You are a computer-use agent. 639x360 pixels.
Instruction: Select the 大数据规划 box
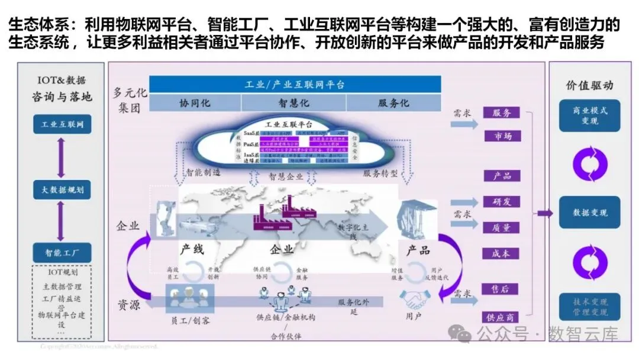[x=62, y=190]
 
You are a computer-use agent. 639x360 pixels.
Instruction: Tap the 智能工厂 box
[x=62, y=253]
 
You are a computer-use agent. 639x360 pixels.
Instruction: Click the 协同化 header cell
[x=195, y=102]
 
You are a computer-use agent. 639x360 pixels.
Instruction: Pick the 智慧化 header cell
[x=294, y=102]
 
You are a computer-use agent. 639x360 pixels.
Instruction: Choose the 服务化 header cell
[x=393, y=102]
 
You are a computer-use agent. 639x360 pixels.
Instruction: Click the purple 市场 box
[x=501, y=136]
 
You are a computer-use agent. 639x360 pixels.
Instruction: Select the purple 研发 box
[x=501, y=202]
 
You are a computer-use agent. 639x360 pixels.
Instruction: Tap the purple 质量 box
[x=501, y=227]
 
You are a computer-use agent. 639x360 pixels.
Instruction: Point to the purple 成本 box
[x=501, y=253]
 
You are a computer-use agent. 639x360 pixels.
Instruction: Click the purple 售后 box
[x=501, y=289]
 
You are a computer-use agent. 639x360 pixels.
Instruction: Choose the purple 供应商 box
[x=501, y=317]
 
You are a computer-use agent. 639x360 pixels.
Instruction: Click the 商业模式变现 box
[x=590, y=116]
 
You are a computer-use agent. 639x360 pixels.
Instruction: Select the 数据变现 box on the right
[x=590, y=213]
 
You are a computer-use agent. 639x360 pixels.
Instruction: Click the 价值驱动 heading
[x=590, y=85]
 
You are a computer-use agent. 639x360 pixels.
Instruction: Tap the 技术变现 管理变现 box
[x=590, y=307]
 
